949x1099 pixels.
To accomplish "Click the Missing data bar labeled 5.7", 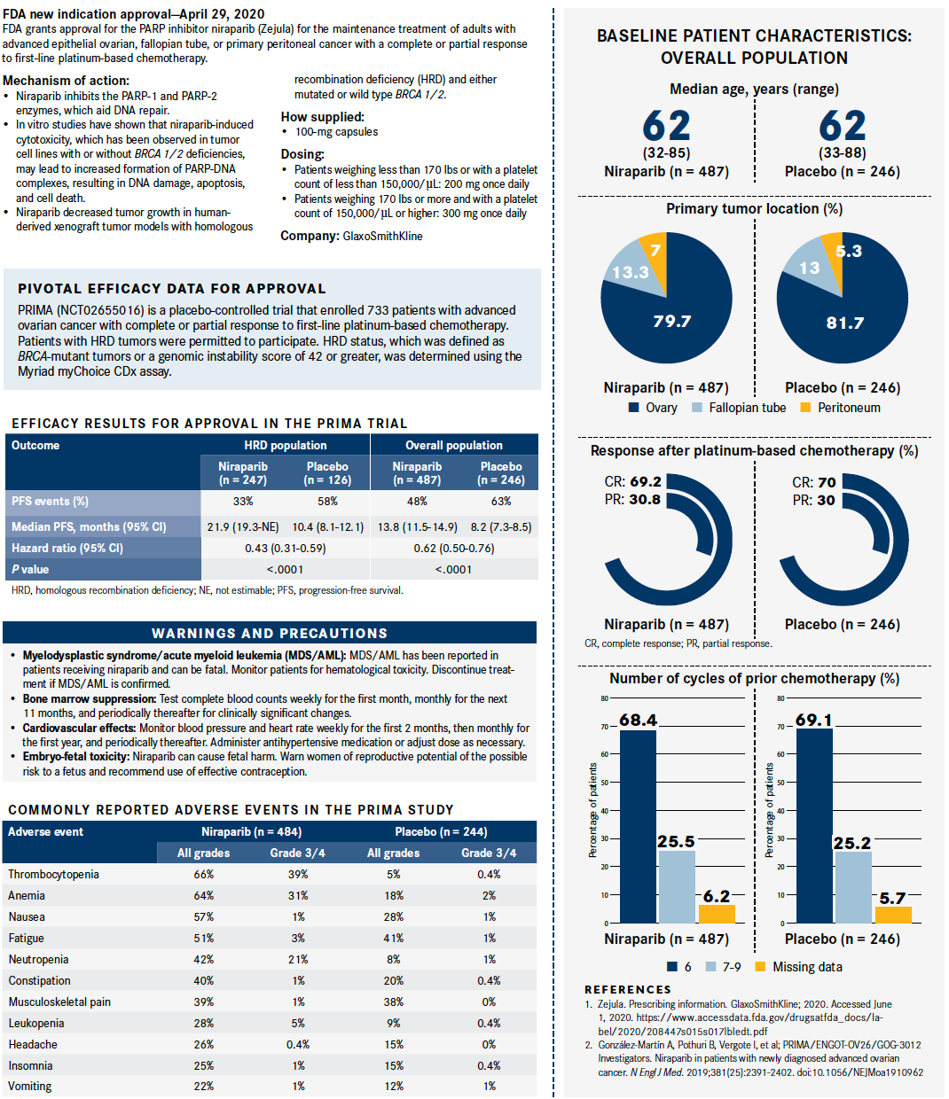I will [x=893, y=915].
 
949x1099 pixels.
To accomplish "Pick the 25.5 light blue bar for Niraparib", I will [x=677, y=886].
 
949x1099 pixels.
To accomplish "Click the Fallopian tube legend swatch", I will [x=697, y=408].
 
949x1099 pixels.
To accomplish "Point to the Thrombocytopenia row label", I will [x=53, y=874].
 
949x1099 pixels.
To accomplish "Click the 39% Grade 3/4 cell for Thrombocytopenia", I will [x=298, y=874].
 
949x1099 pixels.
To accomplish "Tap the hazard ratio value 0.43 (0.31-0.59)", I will [x=285, y=548].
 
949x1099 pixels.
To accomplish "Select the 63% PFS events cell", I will [x=501, y=501].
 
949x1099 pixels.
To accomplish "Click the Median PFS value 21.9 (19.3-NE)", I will [x=243, y=526].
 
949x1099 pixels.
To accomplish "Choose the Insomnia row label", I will [x=30, y=1065].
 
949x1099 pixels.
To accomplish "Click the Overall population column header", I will [x=453, y=445].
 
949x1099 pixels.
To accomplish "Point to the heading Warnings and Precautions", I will [x=270, y=633].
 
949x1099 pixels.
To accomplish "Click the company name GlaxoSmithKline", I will [x=382, y=236].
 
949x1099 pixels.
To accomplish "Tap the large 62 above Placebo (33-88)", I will [x=843, y=126].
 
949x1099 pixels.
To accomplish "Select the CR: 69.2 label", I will [x=633, y=482].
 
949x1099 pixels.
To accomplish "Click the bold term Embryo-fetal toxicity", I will [x=76, y=757].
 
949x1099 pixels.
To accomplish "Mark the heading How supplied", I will [x=322, y=117].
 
